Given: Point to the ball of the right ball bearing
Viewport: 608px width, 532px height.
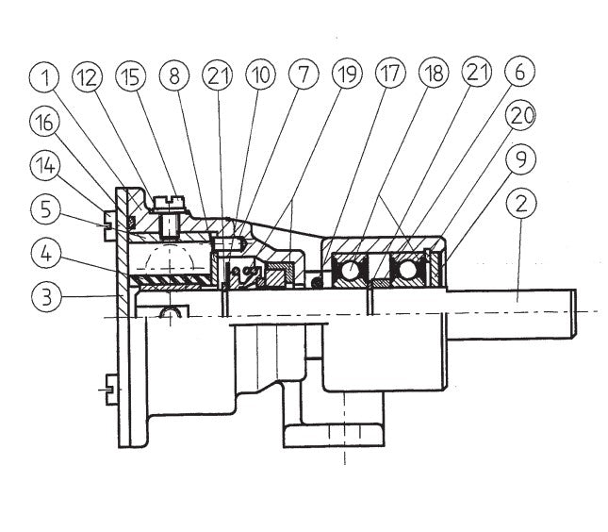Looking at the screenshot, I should (409, 272).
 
